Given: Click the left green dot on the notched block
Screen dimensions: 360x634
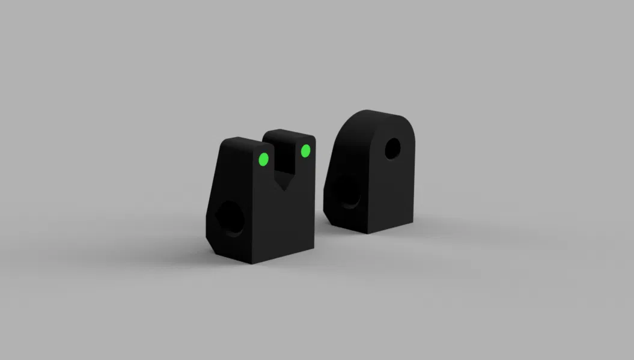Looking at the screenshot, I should click(263, 159).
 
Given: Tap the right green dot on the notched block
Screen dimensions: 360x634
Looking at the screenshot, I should click(305, 150).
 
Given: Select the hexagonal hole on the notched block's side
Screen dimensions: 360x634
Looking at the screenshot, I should click(229, 218).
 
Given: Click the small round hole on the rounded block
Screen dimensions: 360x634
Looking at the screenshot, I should click(392, 148).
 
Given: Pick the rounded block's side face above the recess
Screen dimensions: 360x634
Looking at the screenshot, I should click(352, 150).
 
